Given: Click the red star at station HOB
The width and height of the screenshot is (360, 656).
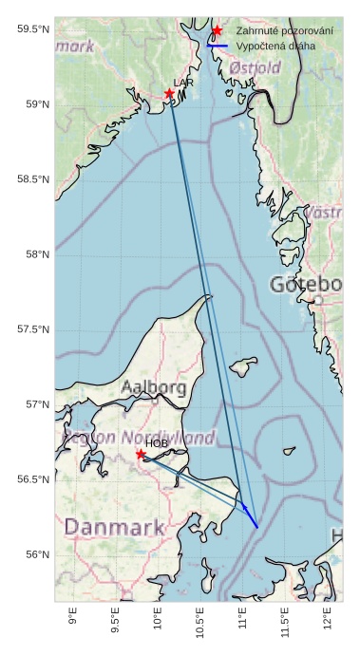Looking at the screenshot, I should click(141, 454).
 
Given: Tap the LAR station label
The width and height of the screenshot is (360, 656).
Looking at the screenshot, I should click(183, 84).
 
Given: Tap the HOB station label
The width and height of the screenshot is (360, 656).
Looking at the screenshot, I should click(156, 443).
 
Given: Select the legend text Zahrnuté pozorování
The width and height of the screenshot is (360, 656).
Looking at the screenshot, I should click(284, 31).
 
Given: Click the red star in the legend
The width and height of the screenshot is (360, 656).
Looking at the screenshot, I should click(218, 31).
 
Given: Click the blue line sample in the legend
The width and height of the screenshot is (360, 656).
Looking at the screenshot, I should click(218, 46).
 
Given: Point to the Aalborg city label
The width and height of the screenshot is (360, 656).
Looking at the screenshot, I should click(154, 387).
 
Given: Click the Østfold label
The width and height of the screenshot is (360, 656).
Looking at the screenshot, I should click(255, 68).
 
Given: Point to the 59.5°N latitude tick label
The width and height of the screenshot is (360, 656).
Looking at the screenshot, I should click(33, 29).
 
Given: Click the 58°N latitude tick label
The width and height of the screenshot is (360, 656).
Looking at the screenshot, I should click(37, 254).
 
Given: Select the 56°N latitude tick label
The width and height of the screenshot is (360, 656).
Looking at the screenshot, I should click(37, 554).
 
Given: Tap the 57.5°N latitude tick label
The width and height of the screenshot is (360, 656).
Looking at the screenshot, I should click(33, 329).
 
